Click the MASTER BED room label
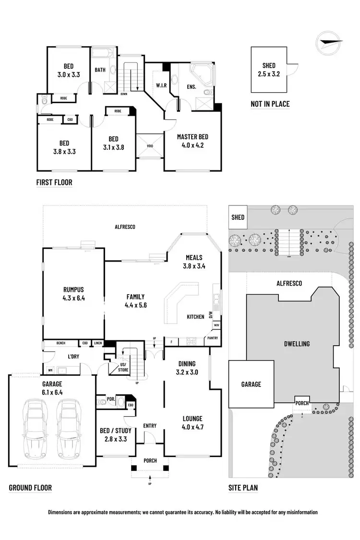[x=192, y=137]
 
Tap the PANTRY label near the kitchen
[x=212, y=338]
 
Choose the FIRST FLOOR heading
[x=54, y=182]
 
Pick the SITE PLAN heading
[x=243, y=488]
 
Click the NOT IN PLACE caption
[x=270, y=104]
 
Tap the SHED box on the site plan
[x=238, y=217]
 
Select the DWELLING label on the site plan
[x=296, y=344]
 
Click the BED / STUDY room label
[x=115, y=417]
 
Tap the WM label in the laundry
[x=50, y=370]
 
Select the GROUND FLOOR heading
[x=30, y=488]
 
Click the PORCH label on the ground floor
[x=150, y=461]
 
